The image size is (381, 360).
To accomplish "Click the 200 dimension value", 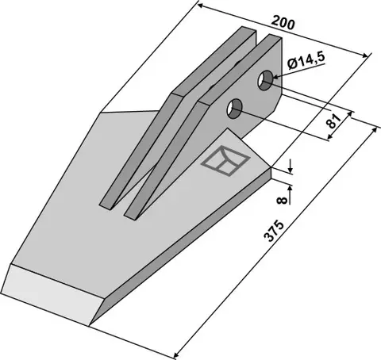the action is [283, 22].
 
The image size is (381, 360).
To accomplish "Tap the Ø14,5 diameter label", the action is [306, 61].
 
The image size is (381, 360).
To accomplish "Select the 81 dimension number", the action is [334, 121].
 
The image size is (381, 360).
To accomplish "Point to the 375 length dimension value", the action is [274, 231].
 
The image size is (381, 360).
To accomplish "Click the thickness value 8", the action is [282, 200].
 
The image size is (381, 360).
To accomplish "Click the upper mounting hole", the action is [265, 80].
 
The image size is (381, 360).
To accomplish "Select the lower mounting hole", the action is [234, 109].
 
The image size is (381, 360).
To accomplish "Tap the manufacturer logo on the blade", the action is [225, 160].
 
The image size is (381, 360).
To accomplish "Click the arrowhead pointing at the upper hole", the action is [275, 77].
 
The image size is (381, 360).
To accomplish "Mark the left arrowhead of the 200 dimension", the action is [201, 6].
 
